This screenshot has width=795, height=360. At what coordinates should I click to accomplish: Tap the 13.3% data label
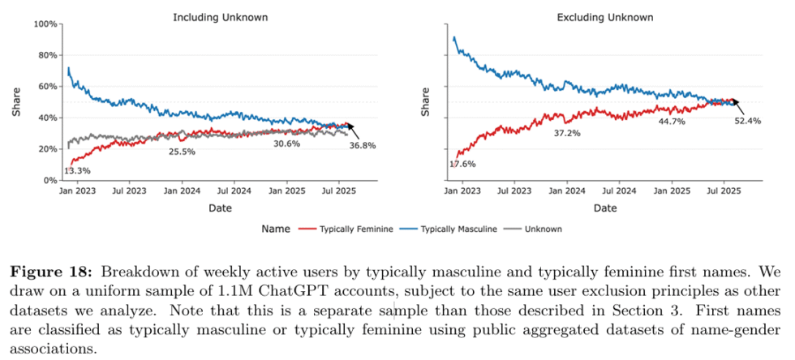tap(77, 170)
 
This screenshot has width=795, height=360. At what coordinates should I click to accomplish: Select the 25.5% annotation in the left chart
tap(182, 151)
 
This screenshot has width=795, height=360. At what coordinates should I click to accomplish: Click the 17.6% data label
tap(462, 165)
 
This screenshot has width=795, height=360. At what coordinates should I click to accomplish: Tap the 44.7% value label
tap(673, 122)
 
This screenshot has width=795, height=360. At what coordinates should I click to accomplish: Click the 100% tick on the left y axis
tap(45, 24)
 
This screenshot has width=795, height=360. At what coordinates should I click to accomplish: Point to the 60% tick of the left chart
tap(47, 87)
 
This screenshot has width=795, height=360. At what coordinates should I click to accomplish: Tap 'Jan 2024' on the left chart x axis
tap(182, 192)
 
